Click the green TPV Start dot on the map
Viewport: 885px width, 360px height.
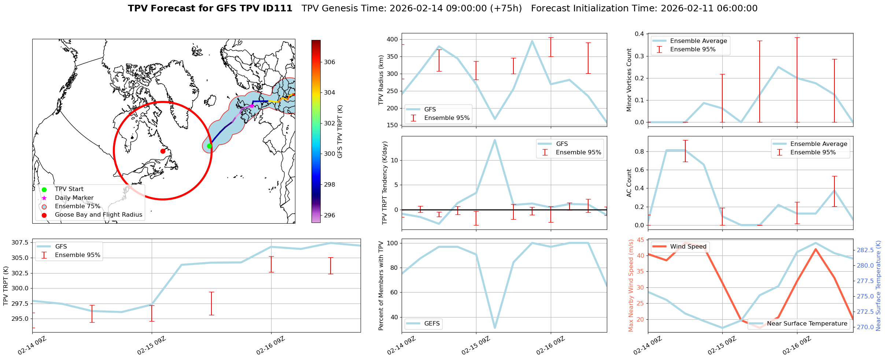click(209, 146)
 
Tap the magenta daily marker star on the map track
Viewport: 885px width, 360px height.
click(252, 106)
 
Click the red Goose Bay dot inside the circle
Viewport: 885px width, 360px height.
click(163, 151)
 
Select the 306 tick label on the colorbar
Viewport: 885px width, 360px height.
click(329, 62)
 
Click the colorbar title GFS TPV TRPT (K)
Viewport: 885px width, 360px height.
click(340, 132)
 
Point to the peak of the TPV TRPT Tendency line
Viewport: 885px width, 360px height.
click(495, 140)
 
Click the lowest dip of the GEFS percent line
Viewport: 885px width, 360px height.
click(495, 328)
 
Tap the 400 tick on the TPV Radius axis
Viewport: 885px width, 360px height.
click(392, 39)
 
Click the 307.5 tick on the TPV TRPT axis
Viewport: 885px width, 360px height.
click(21, 242)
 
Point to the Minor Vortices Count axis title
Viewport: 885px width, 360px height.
click(629, 80)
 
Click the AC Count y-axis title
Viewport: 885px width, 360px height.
click(629, 183)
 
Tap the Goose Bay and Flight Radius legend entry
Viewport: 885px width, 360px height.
click(98, 214)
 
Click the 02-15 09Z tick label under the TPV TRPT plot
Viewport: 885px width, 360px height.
click(152, 345)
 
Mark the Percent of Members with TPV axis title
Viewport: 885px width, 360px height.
click(381, 286)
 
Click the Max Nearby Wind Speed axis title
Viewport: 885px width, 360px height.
click(631, 286)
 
